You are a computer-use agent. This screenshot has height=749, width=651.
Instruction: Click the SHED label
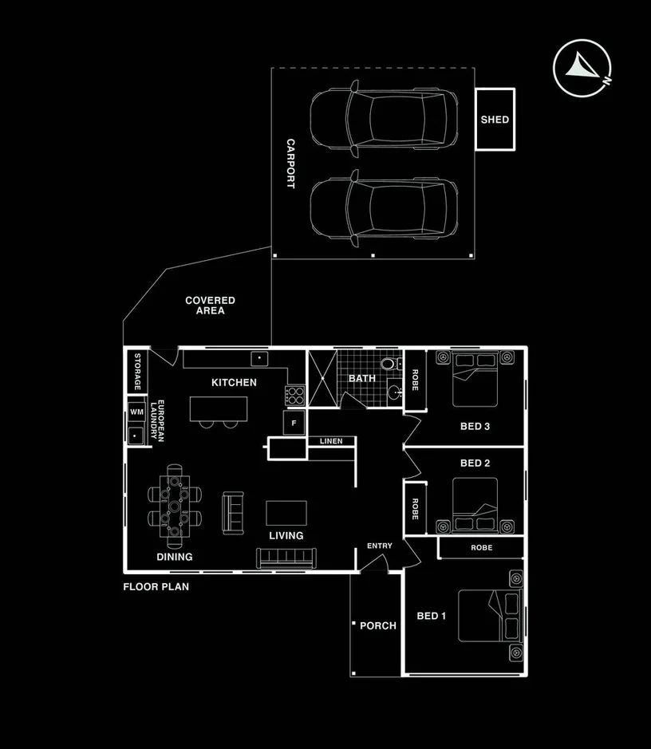coord(495,120)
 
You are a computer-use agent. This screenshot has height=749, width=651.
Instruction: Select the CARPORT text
coord(290,164)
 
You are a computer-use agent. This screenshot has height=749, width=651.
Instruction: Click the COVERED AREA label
coord(210,306)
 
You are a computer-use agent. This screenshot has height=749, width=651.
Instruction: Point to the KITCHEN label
coord(234,382)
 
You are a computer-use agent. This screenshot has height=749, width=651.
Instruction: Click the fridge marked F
coord(294,422)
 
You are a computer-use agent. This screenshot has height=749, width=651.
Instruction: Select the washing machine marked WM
coord(136,412)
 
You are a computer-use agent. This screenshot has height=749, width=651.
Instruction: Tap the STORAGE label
coord(137,372)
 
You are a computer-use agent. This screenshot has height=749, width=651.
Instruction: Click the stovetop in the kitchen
coord(295,394)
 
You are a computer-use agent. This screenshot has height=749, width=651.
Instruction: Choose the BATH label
coord(361,378)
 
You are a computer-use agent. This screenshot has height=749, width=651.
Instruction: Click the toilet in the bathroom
coord(389,364)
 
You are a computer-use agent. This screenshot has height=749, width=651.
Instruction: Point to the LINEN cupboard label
coord(331,441)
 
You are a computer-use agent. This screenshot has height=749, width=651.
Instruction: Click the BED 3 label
coord(475,426)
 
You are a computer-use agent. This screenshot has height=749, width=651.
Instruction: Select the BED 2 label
coord(475,463)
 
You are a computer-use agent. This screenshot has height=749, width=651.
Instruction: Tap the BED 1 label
coord(432,616)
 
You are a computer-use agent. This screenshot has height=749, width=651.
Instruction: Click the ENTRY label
coord(380,546)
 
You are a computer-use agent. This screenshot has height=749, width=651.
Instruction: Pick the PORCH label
coord(378,625)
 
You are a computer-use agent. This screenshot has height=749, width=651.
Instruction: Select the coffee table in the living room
coord(286,511)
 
